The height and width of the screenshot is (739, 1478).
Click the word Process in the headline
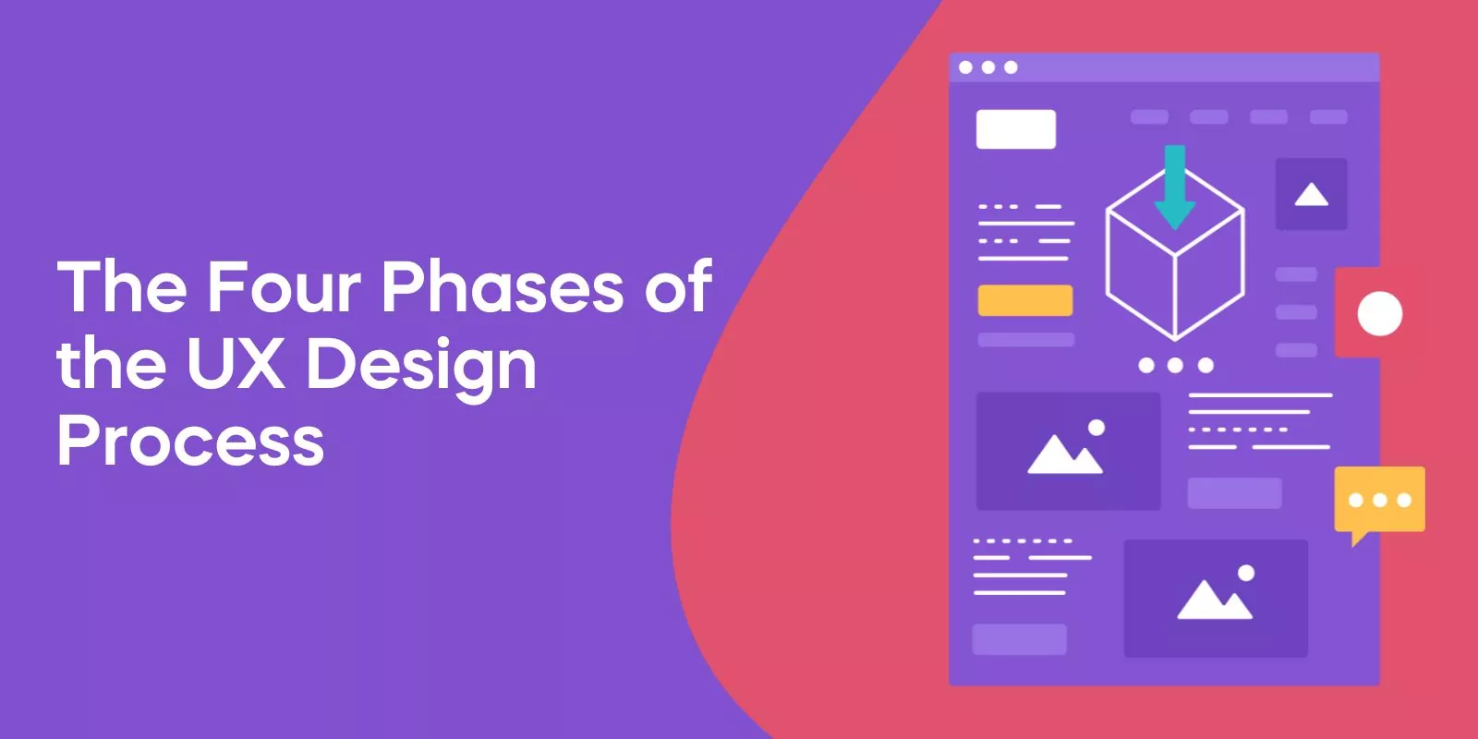point(191,440)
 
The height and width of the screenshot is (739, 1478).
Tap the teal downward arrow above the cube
point(1175,188)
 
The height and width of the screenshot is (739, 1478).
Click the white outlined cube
point(1175,254)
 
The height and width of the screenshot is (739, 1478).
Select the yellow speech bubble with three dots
point(1380,503)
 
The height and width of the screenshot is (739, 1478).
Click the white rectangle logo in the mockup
point(1016,128)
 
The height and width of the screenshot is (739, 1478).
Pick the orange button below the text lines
point(1025,300)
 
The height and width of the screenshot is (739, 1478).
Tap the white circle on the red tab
point(1380,313)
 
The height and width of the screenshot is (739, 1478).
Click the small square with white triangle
point(1311,194)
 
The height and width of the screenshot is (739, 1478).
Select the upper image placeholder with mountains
point(1068,452)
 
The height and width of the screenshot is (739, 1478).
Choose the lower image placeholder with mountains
point(1216,599)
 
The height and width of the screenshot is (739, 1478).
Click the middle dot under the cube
point(1175,366)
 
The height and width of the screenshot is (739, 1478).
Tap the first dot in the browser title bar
point(965,67)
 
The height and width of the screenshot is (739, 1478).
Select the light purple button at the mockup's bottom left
point(1020,639)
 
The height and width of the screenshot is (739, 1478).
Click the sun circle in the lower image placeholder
point(1246,573)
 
